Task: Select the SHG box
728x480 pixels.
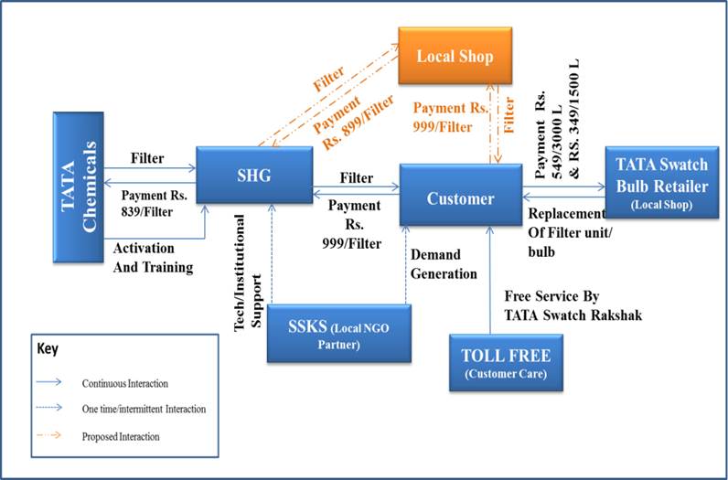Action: point(253,175)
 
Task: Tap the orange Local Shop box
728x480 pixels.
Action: point(455,57)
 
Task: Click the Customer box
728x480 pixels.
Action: point(460,198)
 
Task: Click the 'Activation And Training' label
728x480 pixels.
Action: point(154,257)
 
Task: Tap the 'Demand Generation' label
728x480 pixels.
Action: point(444,262)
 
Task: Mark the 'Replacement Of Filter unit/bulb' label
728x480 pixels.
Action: point(566,233)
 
